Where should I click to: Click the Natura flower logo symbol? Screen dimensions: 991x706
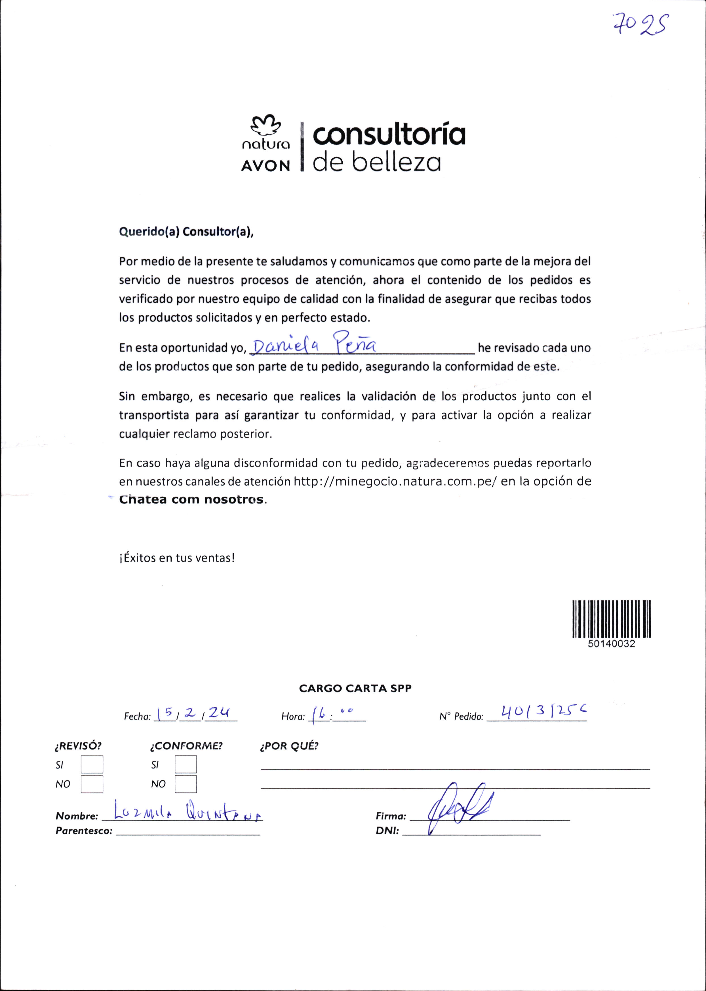(264, 126)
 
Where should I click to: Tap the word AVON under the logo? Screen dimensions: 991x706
(265, 166)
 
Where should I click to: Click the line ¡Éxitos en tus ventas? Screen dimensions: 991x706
(177, 558)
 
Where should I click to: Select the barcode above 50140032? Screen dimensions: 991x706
(612, 619)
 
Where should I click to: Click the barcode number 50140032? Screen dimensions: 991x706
(612, 644)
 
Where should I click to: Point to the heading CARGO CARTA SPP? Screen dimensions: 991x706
(355, 688)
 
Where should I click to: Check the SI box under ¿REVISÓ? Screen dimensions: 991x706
(92, 765)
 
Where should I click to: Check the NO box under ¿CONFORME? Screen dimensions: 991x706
(186, 784)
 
